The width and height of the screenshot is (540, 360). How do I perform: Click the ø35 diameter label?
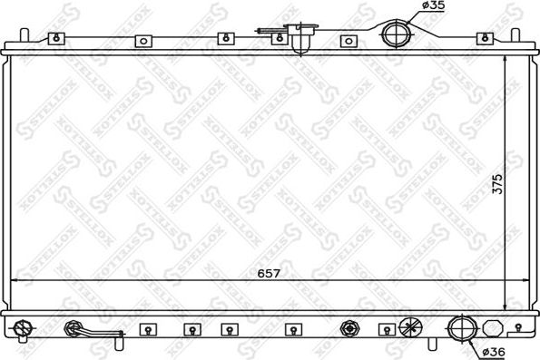click(x=433, y=8)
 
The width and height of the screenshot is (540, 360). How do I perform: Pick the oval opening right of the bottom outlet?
click(x=492, y=327)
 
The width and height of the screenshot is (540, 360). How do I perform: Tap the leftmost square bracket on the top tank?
click(x=56, y=39)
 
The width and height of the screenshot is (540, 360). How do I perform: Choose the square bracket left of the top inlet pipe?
click(x=348, y=41)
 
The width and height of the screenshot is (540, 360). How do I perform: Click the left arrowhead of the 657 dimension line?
click(x=13, y=282)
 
